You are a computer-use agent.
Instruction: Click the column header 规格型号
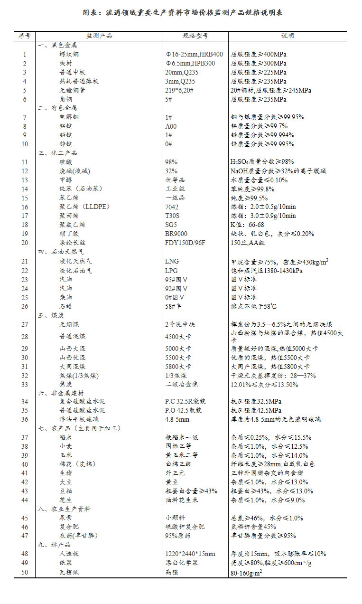[195, 36]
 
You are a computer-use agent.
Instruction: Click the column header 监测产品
[99, 36]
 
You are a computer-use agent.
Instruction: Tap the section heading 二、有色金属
[57, 108]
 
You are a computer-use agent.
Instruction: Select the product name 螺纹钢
[69, 54]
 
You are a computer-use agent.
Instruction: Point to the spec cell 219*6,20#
[179, 90]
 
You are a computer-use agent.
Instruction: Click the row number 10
[25, 144]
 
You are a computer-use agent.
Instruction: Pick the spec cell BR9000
[176, 234]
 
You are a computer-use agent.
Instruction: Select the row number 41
[25, 473]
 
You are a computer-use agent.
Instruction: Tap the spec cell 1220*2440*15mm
[190, 554]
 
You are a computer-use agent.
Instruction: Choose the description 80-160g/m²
[247, 572]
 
